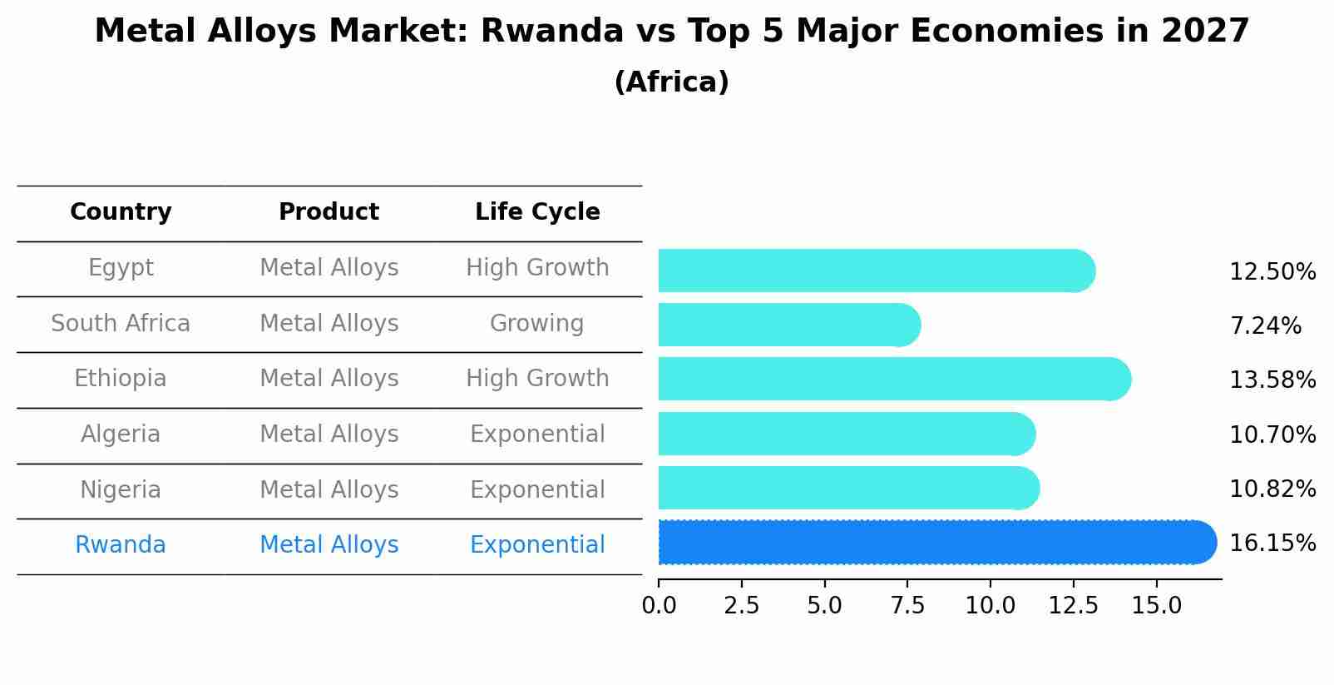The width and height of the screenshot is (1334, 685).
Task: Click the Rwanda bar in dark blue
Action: click(937, 542)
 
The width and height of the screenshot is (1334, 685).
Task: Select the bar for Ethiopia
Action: click(895, 380)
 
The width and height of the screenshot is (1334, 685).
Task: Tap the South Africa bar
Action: click(790, 325)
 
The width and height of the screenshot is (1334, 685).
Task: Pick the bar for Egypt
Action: click(877, 271)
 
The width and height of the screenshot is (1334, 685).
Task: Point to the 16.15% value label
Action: click(1272, 543)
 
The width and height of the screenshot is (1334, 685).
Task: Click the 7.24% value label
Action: click(1266, 325)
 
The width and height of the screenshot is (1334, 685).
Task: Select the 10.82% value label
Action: click(1272, 489)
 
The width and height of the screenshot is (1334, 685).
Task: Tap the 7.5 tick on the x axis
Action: click(907, 605)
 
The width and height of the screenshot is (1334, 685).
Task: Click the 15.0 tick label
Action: click(1156, 605)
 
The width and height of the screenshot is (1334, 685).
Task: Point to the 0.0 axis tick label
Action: click(659, 605)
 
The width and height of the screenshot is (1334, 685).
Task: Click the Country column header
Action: click(121, 212)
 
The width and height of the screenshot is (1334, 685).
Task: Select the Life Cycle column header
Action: click(537, 212)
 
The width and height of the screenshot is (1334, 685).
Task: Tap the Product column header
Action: click(329, 211)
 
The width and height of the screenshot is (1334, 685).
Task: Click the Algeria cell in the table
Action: click(121, 434)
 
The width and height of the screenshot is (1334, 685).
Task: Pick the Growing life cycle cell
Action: click(536, 324)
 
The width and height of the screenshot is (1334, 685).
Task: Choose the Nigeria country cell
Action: click(121, 490)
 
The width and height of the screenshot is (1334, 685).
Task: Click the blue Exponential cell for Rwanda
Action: click(537, 545)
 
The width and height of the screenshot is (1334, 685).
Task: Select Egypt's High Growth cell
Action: click(537, 268)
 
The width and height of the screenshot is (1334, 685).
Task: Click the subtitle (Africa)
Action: click(672, 82)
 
